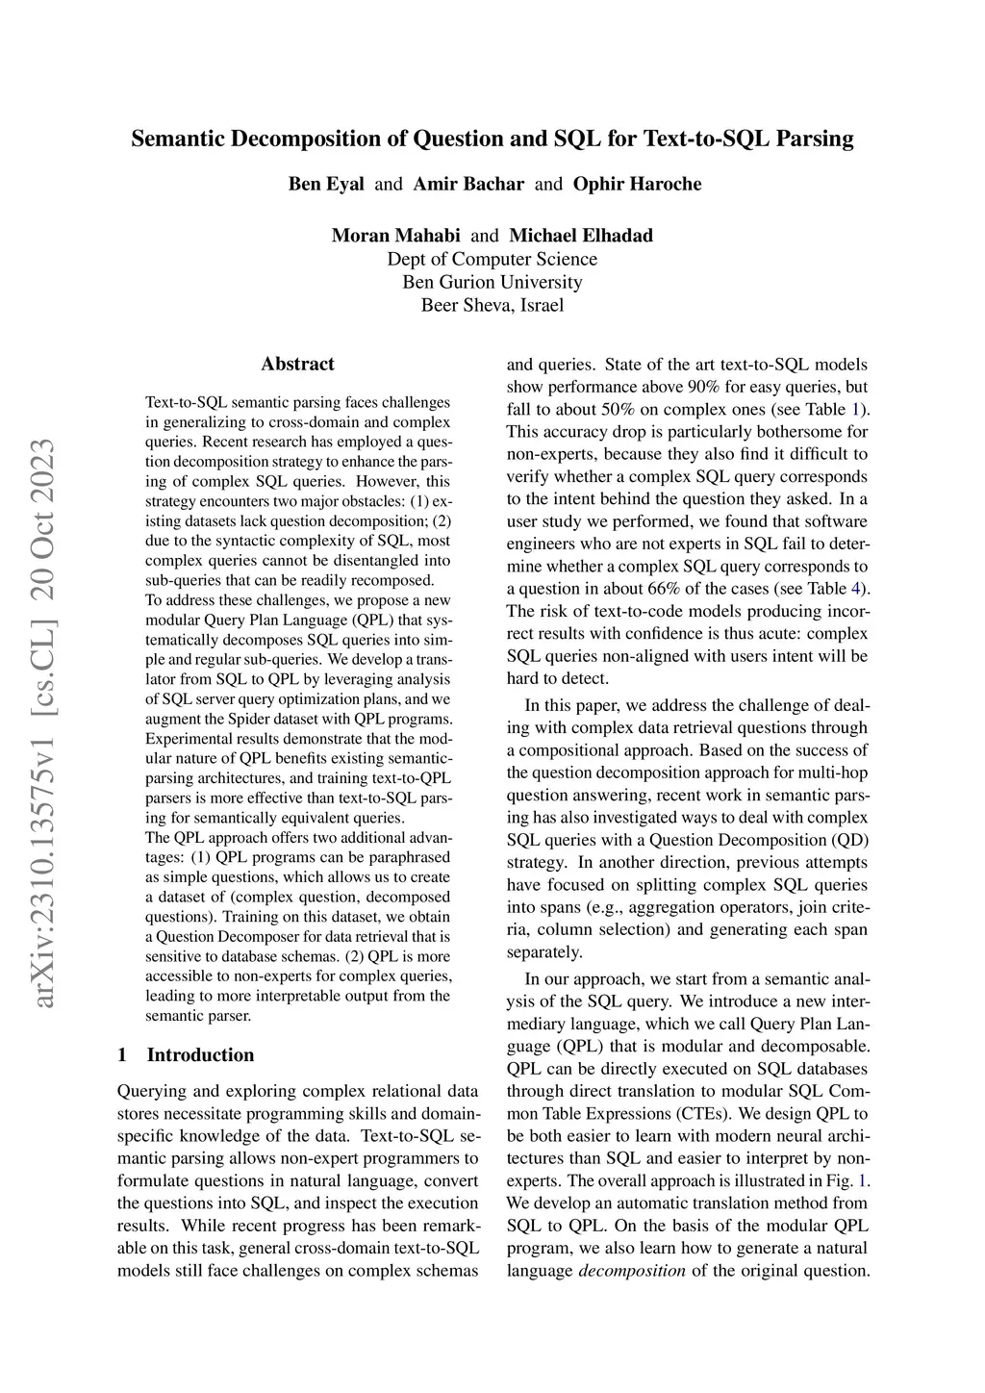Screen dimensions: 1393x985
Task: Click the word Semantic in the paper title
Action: [x=177, y=139]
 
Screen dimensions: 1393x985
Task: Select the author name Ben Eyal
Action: [x=326, y=184]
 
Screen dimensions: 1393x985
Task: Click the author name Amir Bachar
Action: [x=468, y=184]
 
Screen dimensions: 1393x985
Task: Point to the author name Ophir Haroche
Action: [x=637, y=184]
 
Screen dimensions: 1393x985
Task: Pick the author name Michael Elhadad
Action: [x=581, y=236]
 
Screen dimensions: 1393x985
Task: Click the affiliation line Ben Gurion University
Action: [x=492, y=282]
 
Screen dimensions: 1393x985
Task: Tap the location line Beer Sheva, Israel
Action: [x=492, y=306]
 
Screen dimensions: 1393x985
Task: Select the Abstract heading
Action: [x=297, y=364]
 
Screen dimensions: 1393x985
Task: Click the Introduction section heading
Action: [x=200, y=1054]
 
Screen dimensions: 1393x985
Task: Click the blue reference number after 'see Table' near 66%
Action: [x=862, y=588]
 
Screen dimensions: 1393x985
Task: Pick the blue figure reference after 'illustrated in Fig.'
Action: [x=862, y=1180]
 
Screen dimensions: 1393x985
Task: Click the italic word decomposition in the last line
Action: [x=632, y=1270]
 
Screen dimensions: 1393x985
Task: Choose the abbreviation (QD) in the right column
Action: [x=846, y=840]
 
